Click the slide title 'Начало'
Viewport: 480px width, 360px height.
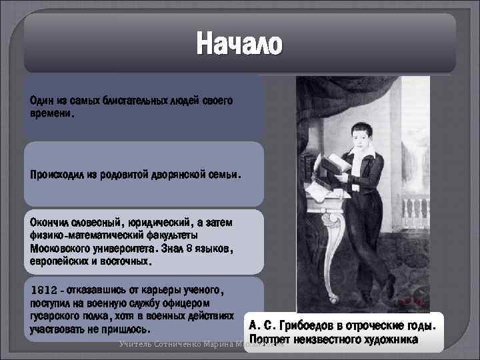pos(239,45)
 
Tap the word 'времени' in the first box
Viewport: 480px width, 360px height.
pos(51,113)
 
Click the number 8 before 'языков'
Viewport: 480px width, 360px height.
pos(189,249)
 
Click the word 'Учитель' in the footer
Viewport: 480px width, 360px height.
pos(135,344)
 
